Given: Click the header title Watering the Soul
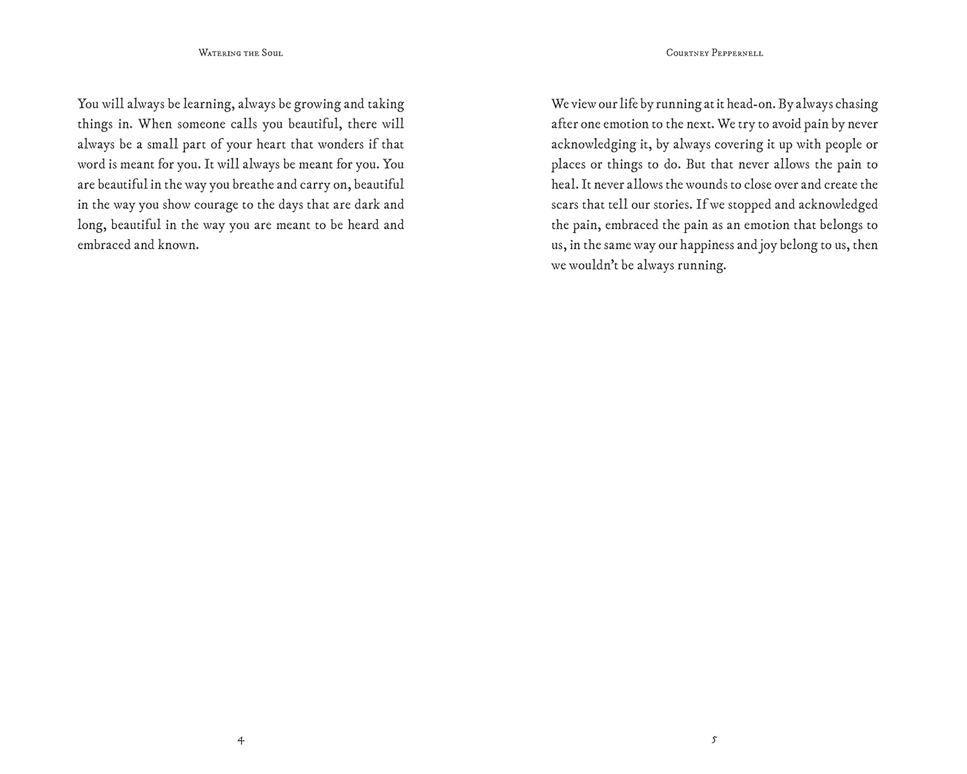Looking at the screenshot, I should coord(240,53).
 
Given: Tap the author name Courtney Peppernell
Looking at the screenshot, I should coord(714,53).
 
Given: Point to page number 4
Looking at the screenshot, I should coord(240,740).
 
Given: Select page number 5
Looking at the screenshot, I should coord(714,740).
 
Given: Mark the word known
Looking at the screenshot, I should coord(178,245).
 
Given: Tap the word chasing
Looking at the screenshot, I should coord(856,104).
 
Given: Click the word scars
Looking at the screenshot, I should coord(564,205).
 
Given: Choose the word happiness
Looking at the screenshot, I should coord(707,245).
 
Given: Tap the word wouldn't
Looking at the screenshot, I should coord(594,265).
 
